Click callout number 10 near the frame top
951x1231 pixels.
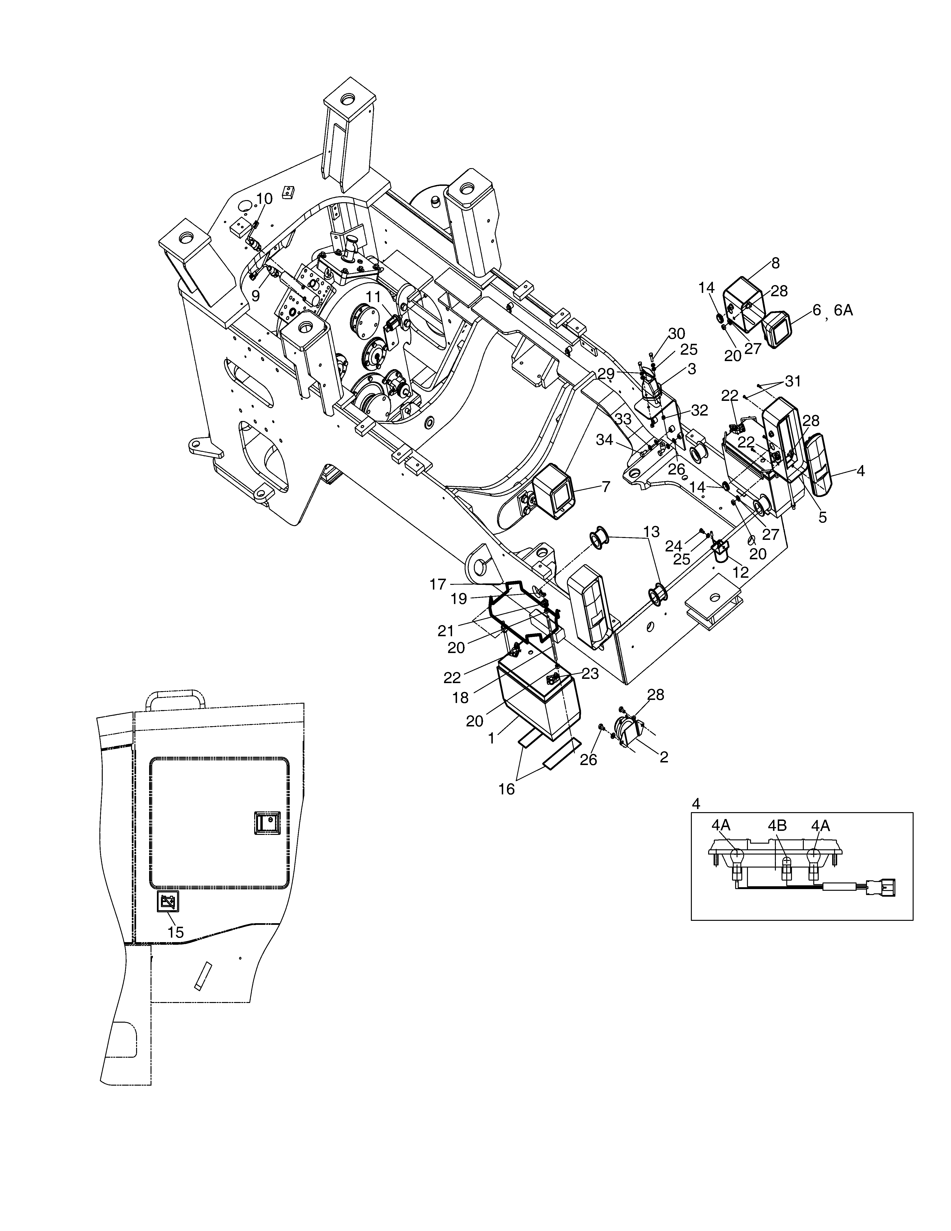point(264,198)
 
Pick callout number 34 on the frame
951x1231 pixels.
point(604,440)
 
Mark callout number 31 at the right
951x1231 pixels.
point(793,382)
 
